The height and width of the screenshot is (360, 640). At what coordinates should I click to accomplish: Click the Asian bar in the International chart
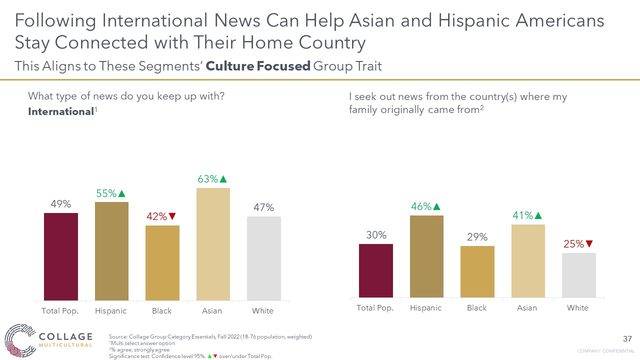213,244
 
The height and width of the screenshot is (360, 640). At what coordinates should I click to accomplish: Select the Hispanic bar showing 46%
426,256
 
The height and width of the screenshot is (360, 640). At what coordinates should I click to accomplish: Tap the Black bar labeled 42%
162,262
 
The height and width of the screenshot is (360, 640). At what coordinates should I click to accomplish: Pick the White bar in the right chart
578,275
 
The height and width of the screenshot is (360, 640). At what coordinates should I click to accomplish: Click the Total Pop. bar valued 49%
61,256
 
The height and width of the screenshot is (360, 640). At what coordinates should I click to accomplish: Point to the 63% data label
207,178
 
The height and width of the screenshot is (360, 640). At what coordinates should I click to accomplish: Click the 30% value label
376,235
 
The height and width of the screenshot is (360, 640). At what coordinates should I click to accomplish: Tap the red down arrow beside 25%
589,244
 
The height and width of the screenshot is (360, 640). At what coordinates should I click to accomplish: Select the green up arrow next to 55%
121,193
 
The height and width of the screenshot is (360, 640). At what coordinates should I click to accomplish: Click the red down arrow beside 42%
172,216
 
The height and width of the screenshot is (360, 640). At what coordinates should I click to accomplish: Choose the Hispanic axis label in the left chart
111,311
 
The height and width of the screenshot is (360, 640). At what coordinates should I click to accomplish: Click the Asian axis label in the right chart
527,308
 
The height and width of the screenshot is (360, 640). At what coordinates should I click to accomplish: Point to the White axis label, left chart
262,311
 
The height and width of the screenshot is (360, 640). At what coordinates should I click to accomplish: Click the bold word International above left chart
61,111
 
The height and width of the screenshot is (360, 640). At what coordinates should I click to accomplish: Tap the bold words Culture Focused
258,66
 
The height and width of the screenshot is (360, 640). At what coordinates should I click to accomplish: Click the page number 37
627,339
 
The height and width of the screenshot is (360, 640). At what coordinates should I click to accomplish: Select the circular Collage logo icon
18,340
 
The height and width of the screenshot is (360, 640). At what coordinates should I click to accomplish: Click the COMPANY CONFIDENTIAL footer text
606,351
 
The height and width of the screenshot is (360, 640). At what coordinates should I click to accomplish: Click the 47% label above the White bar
263,207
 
